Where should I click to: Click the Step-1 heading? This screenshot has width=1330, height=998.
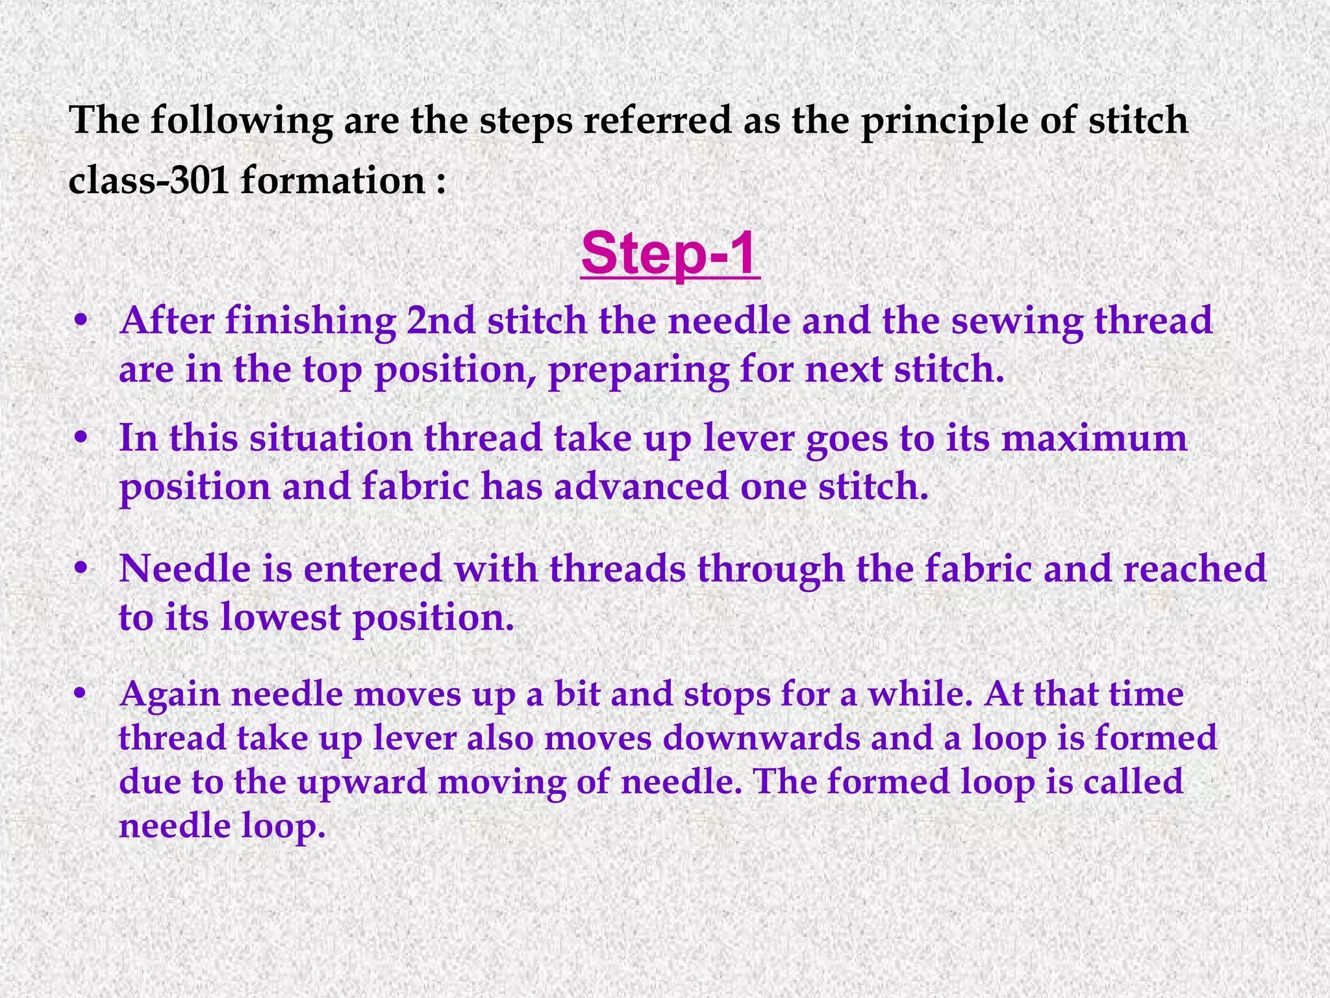670,253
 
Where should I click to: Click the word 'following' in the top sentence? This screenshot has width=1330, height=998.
241,121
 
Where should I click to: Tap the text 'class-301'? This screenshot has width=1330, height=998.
149,180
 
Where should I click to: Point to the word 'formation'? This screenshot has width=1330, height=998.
332,180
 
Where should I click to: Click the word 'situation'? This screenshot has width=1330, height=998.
331,438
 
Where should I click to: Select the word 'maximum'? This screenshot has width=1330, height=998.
1094,438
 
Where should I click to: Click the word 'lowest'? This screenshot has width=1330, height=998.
280,617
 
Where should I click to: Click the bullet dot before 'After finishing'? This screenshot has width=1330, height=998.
81,320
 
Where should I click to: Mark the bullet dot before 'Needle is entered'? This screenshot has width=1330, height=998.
81,569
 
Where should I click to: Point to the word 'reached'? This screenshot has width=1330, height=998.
1195,569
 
